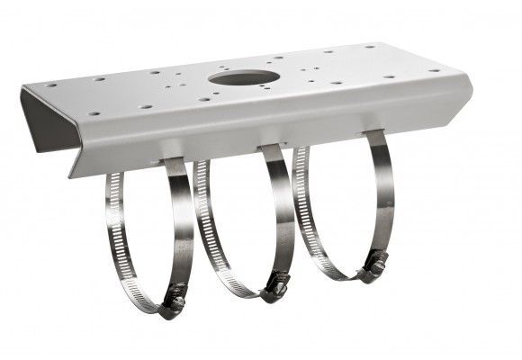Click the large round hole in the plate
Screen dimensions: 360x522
point(244,77)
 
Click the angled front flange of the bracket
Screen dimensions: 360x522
point(270,126)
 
